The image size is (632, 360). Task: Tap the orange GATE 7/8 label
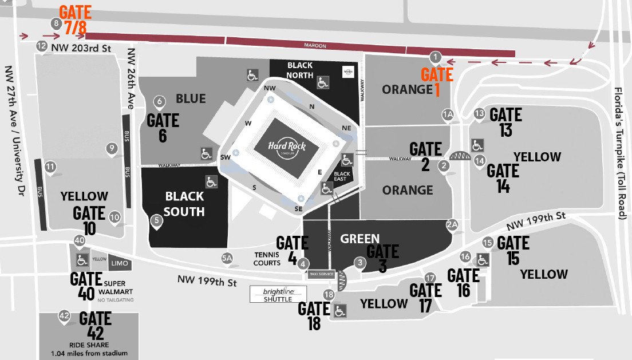pos(76,19)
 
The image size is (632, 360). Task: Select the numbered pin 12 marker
pos(41,46)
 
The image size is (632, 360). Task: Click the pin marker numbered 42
pos(64,316)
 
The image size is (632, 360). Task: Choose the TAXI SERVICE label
pos(321,275)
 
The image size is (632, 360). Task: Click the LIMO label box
pos(121,264)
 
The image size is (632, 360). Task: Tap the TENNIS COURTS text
pos(267,259)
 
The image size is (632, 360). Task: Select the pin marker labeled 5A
pos(227,258)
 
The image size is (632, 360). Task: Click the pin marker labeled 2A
pos(453,224)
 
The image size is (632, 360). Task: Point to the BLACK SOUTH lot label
pos(184,204)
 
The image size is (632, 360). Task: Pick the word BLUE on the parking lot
pos(191,99)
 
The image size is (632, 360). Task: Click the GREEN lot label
pos(360,238)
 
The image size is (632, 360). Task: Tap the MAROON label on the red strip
pos(315,45)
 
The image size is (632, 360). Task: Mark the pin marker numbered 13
pos(480,113)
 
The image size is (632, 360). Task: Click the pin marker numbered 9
pos(112,149)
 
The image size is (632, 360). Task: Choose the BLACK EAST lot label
pos(342,176)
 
